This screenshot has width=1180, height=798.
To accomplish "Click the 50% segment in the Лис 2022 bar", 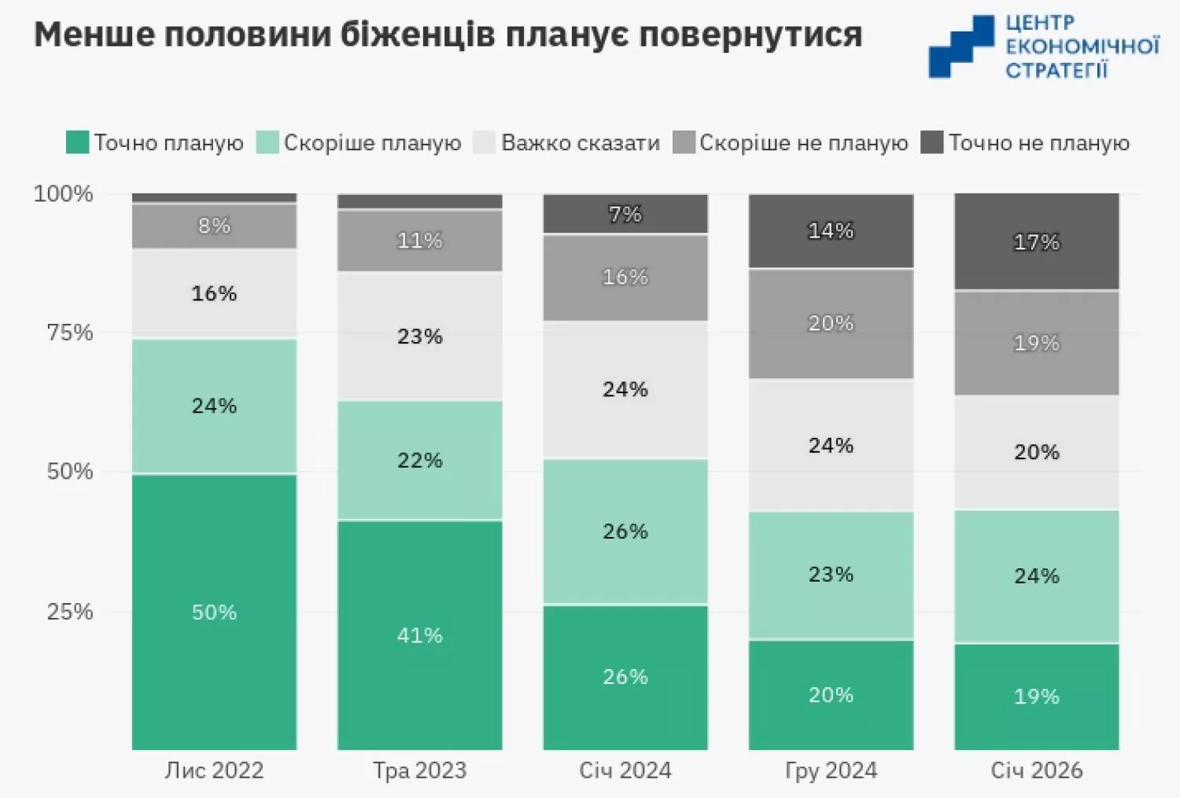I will [214, 612].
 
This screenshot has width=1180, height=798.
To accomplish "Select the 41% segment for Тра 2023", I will [419, 634].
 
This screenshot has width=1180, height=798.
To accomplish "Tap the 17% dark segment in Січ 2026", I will [1036, 241].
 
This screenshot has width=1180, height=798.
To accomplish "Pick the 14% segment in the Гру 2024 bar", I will [831, 230].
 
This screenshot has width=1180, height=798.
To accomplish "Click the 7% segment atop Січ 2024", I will [625, 214].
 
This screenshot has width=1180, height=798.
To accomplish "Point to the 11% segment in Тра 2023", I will [419, 240].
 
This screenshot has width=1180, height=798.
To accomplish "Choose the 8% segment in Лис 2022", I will [214, 226].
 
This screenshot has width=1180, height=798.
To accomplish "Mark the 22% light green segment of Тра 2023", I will [419, 460].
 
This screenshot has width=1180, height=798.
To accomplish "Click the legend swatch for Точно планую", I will [77, 142].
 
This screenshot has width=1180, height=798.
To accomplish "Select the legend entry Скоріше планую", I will [371, 142].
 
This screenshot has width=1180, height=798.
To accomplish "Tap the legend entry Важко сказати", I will [580, 142].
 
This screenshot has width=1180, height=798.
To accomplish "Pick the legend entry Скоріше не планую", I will [802, 142].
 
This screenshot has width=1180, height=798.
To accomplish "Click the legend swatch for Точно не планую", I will [931, 142].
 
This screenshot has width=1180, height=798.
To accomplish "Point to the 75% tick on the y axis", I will [69, 332].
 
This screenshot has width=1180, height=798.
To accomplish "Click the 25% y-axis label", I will [69, 611].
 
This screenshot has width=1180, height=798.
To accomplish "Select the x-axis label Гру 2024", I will [831, 770].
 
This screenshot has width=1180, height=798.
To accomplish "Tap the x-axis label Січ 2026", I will [1036, 770].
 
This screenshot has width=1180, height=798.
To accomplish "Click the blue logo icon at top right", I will [961, 46].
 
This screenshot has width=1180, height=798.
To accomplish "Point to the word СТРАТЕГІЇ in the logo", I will [1056, 70].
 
